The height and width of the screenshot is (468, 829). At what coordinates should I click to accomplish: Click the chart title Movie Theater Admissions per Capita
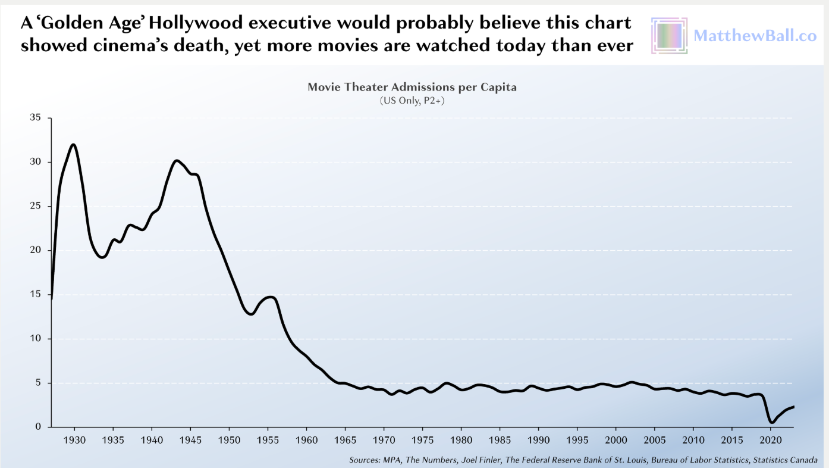412,88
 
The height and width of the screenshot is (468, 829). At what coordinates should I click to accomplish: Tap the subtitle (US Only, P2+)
412,101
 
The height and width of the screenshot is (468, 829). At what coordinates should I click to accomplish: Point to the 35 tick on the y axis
36,118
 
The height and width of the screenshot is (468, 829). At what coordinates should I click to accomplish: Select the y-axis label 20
36,251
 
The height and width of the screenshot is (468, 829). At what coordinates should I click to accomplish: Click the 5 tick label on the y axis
39,383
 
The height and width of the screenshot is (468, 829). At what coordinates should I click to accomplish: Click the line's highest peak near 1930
74,145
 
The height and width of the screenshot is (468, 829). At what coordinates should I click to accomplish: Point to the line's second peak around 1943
177,161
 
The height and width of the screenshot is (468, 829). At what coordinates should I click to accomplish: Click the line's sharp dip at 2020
772,422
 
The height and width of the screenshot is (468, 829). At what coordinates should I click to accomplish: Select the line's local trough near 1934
102,257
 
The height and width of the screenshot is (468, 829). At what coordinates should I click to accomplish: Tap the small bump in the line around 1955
269,297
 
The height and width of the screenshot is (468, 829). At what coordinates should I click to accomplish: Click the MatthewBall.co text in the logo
755,36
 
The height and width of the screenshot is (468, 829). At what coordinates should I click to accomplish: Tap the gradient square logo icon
669,36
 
